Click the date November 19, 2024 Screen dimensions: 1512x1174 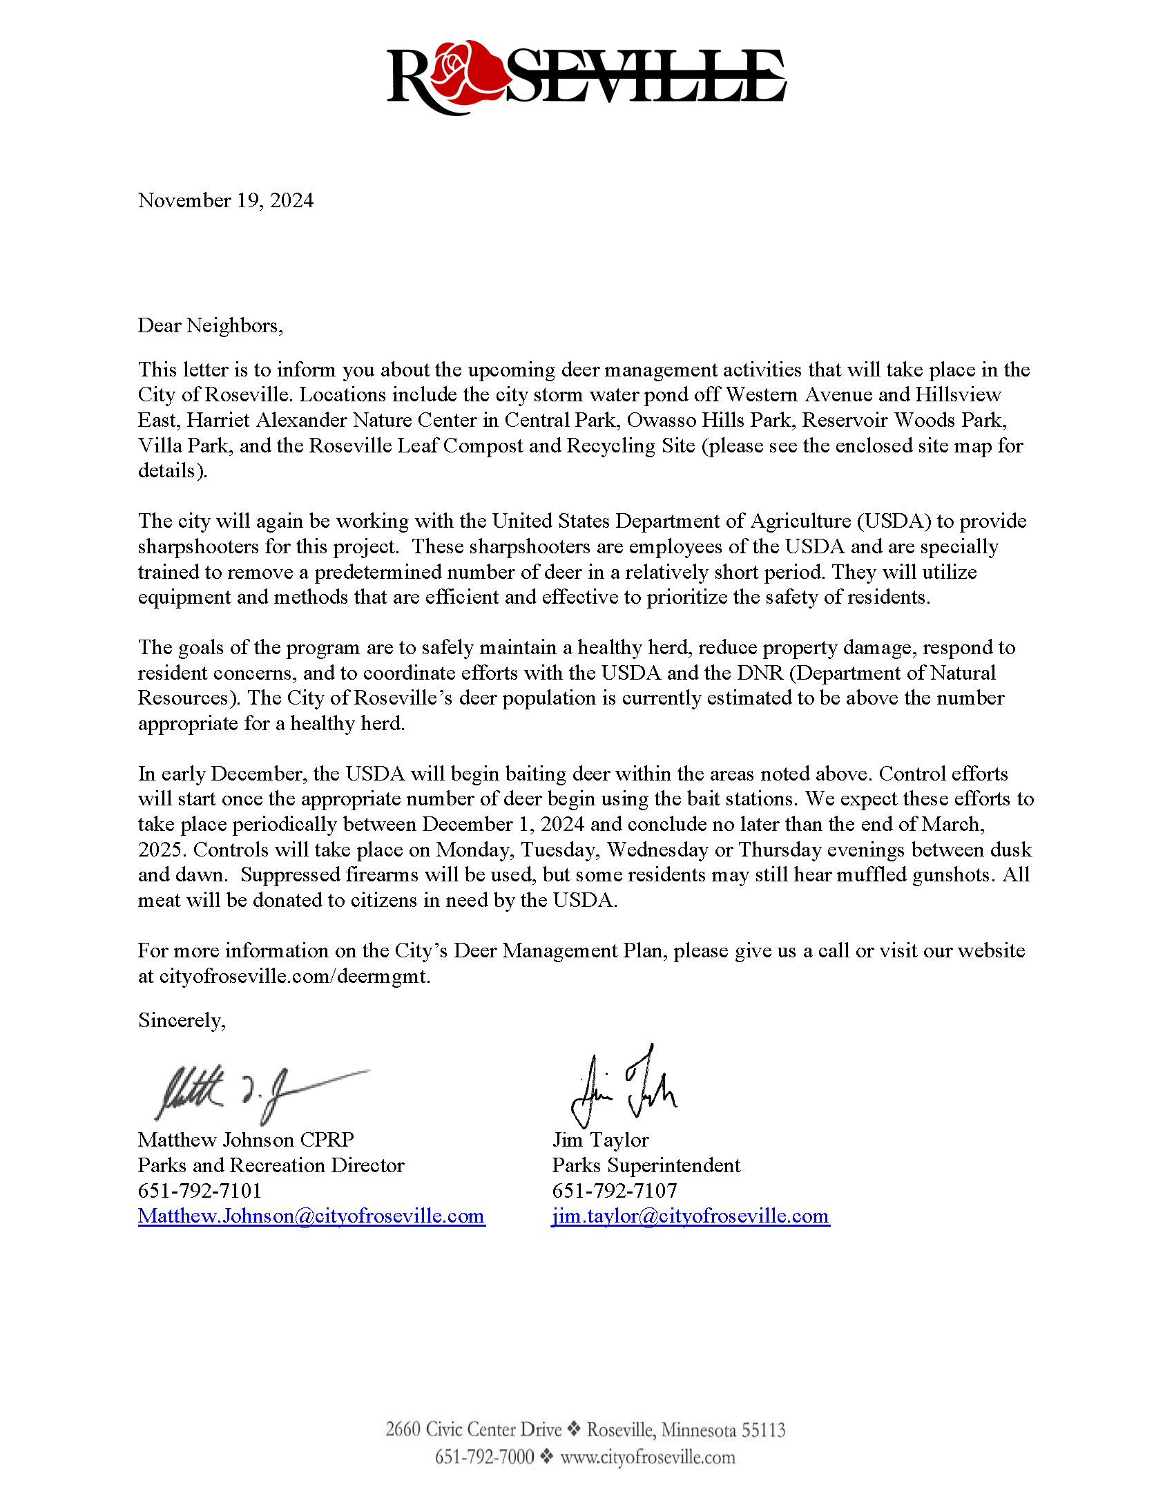point(226,201)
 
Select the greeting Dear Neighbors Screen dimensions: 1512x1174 point(210,325)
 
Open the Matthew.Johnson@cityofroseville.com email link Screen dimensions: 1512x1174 point(311,1216)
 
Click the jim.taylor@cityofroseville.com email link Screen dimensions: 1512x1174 point(690,1216)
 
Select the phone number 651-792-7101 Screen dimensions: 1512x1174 point(200,1191)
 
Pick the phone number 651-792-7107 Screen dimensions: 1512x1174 point(614,1191)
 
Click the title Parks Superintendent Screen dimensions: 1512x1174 point(646,1166)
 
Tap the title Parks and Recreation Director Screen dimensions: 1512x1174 point(271,1166)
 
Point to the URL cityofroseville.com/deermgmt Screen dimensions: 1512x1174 point(295,977)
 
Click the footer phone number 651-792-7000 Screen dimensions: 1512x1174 point(484,1457)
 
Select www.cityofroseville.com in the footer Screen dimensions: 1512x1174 point(647,1457)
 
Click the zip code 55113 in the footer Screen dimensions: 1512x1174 point(764,1430)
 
